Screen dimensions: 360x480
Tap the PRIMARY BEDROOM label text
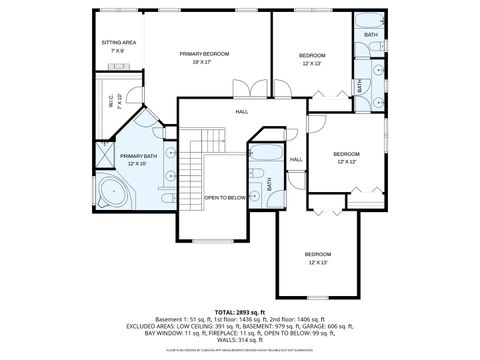pos(204,53)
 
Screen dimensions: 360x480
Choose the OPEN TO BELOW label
pos(225,198)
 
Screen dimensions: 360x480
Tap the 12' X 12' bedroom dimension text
pos(347,161)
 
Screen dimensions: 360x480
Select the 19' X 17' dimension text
pos(204,62)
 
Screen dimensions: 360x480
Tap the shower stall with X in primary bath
pos(105,154)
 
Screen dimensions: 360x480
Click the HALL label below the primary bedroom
pos(241,111)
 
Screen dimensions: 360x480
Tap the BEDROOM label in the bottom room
pos(318,254)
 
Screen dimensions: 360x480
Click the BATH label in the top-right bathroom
pos(371,34)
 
